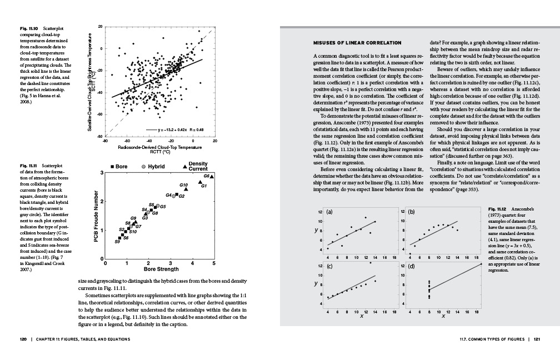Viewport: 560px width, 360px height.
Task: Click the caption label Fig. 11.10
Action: [29, 27]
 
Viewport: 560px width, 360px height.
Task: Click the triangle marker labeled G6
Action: [212, 176]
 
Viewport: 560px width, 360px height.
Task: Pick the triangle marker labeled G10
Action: [186, 189]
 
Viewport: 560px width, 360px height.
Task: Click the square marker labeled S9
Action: [120, 238]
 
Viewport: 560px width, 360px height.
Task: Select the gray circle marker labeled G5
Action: [157, 206]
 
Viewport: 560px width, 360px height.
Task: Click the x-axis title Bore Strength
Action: [161, 269]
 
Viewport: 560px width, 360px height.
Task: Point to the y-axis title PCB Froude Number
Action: [96, 217]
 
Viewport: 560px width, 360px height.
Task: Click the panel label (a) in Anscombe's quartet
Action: [329, 212]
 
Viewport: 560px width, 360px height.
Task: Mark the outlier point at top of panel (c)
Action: [371, 262]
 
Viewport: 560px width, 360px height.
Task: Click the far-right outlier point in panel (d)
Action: [481, 264]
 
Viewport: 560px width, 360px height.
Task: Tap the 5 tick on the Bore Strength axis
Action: [213, 263]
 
